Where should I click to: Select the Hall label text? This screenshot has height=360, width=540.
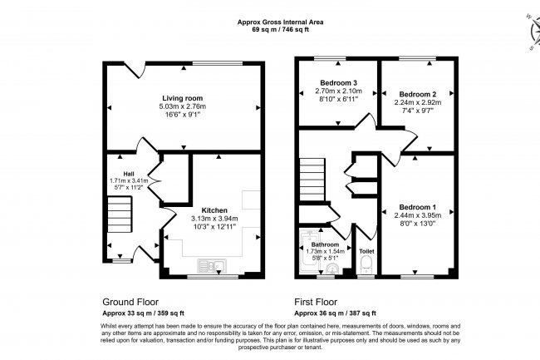118,171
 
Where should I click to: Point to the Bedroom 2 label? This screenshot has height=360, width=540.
417,94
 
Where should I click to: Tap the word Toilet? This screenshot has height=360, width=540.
366,249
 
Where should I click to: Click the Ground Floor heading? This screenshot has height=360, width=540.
130,302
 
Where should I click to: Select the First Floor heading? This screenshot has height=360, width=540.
319,302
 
